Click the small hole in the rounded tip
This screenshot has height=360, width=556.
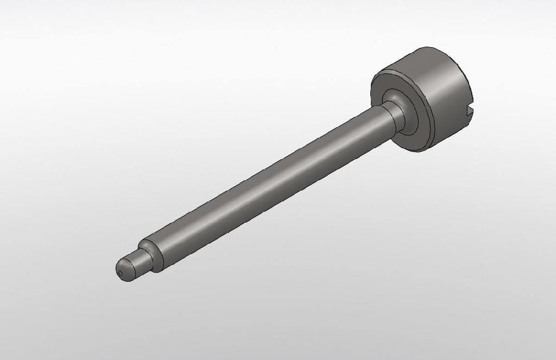tap(120, 273)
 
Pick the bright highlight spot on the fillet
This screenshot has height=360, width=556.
tap(395, 96)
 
